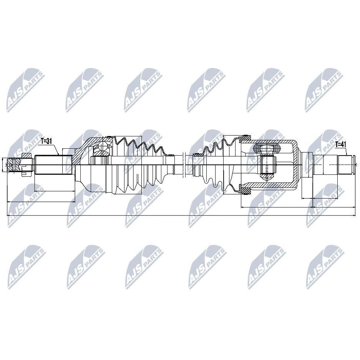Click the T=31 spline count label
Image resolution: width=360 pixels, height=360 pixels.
[x=46, y=141]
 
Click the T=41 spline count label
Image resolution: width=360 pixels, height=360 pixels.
[x=341, y=144]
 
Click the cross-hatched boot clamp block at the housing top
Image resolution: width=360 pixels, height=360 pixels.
[x=245, y=138]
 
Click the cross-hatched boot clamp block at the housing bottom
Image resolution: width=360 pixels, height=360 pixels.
[x=245, y=191]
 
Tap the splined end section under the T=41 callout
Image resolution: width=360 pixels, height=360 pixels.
[x=345, y=164]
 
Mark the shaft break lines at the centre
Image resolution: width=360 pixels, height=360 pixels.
[x=183, y=165]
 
